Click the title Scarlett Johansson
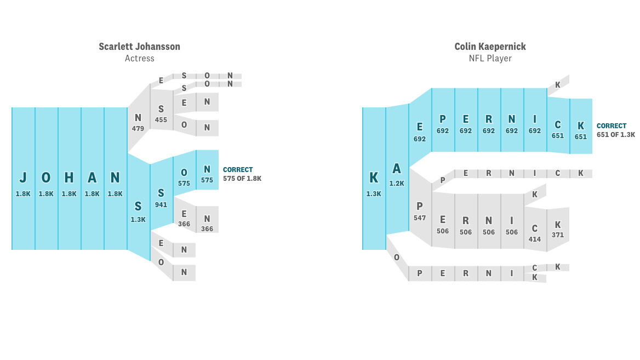(x=139, y=47)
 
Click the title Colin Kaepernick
(x=490, y=47)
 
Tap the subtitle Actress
(x=139, y=58)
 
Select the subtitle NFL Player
(x=490, y=58)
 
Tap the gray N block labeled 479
(x=138, y=122)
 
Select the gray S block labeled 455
(x=161, y=114)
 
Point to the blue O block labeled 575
(x=184, y=176)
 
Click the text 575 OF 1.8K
(x=242, y=179)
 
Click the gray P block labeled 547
(x=420, y=210)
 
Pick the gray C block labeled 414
(x=535, y=232)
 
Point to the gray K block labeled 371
(x=558, y=229)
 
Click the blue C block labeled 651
(x=558, y=129)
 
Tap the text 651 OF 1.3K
(x=616, y=134)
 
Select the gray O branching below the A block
(x=397, y=257)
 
